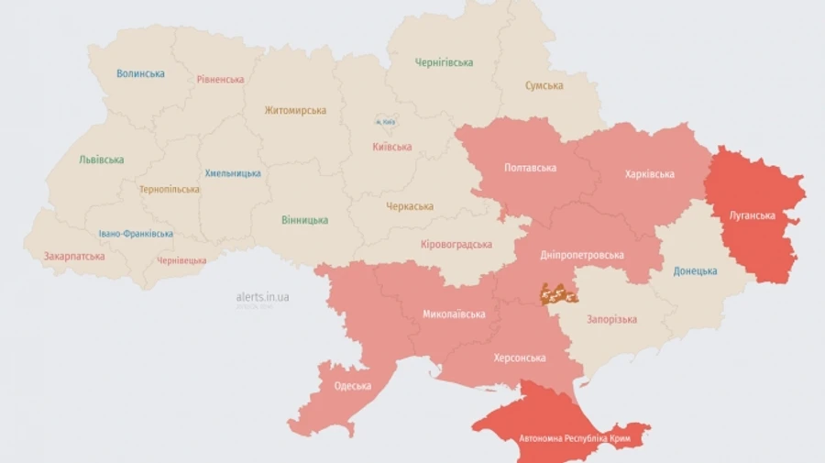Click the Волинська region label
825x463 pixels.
[140, 73]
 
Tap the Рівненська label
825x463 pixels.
[220, 79]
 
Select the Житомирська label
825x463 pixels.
[295, 110]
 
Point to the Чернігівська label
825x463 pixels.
[444, 62]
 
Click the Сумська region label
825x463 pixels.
[544, 85]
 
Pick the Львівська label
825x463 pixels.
[101, 160]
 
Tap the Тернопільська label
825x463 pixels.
[169, 189]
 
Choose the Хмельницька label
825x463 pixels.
[232, 172]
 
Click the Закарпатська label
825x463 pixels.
[74, 256]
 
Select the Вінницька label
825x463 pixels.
[304, 220]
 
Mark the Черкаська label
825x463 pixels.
[409, 206]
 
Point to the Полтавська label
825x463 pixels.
[531, 168]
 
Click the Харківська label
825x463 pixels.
[649, 173]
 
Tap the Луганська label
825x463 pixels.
[752, 215]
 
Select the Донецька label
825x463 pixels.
[695, 270]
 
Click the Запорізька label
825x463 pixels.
[612, 319]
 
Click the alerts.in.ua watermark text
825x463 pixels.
[262, 297]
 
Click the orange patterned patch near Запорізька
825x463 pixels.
[557, 293]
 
